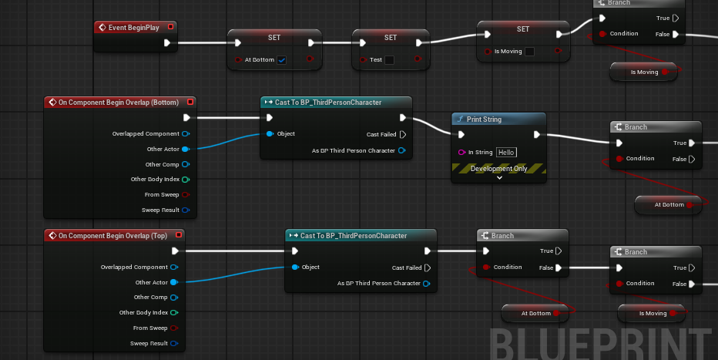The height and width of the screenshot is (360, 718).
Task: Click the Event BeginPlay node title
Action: [133, 28]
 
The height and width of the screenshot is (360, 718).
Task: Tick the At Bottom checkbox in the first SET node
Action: [282, 60]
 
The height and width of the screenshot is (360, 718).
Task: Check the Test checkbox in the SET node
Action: [390, 60]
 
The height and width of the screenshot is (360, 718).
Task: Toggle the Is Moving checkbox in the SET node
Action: [529, 52]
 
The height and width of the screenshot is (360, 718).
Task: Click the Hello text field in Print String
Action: [506, 153]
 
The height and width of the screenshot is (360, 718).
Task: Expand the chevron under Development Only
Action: [499, 177]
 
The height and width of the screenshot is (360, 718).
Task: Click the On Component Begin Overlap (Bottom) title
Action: [118, 103]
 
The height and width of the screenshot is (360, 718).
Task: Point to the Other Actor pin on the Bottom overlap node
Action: [186, 149]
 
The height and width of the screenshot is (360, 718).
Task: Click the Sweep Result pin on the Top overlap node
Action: [174, 343]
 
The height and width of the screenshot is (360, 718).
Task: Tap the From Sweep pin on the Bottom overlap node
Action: [186, 195]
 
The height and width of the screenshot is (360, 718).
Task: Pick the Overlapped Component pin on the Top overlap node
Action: [174, 267]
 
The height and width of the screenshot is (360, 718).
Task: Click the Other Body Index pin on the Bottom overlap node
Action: [186, 180]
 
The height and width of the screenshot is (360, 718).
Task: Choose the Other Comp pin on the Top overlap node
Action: [174, 298]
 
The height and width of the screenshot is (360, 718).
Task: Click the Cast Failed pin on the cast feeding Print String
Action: [403, 134]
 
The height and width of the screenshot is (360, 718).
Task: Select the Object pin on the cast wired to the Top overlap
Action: [294, 267]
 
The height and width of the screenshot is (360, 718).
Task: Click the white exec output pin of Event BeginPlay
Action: [168, 43]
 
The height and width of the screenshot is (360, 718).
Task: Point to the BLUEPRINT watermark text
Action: [601, 342]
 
